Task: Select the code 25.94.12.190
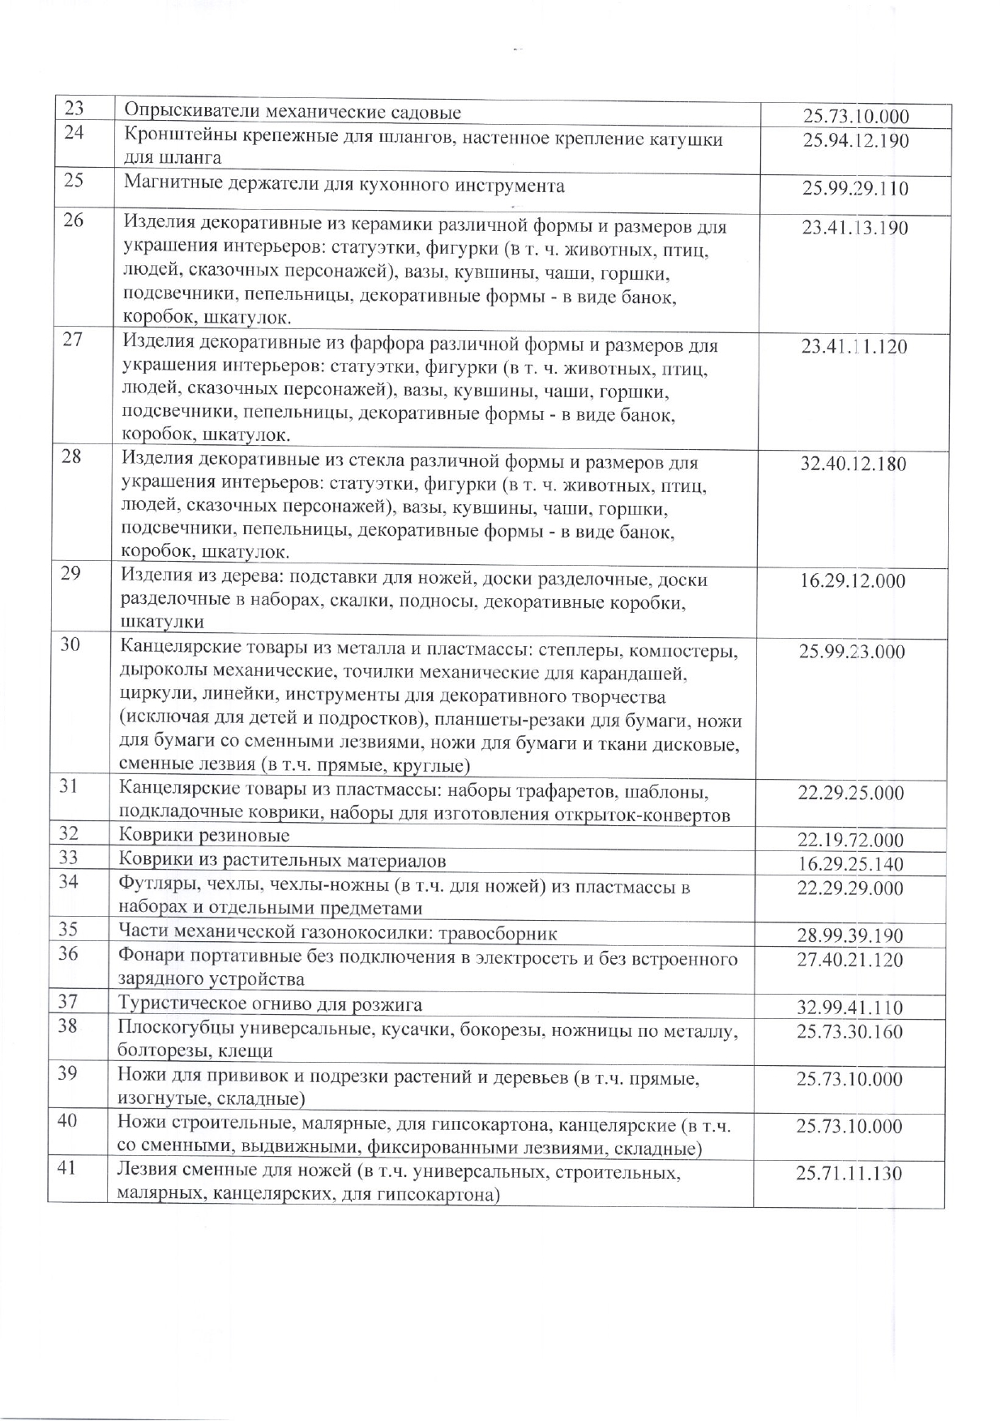pos(855,141)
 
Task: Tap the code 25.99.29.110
pos(855,190)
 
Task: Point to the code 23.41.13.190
pos(855,228)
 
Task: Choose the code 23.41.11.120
pos(854,348)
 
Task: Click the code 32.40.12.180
pos(853,465)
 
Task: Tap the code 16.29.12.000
pos(853,581)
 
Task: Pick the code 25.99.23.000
pos(852,652)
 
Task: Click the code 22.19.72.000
pos(851,841)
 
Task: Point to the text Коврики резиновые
pos(204,835)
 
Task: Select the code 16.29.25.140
pos(851,865)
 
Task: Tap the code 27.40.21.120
pos(850,961)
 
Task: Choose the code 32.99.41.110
pos(850,1008)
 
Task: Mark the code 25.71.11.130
pos(849,1174)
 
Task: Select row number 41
pos(68,1169)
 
